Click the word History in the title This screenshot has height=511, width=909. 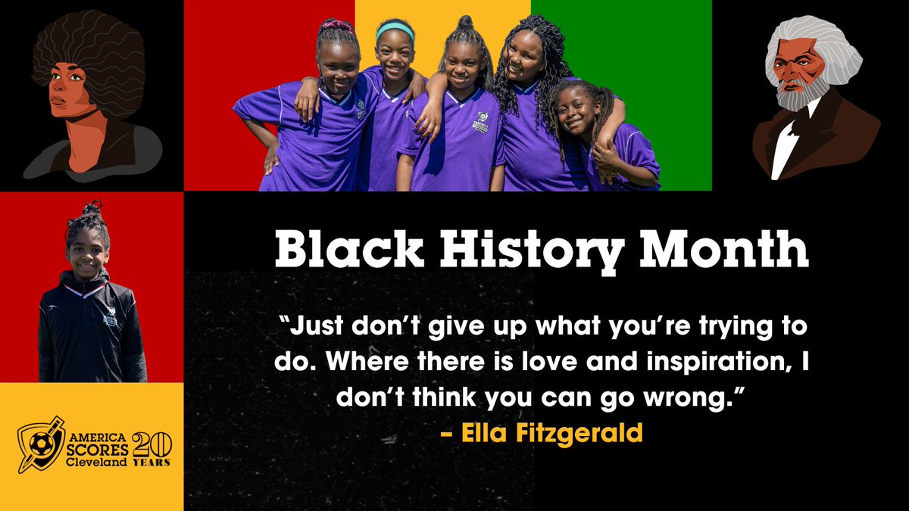click(532, 251)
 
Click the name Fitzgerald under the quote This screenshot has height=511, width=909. click(579, 433)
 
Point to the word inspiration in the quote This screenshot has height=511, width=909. click(718, 363)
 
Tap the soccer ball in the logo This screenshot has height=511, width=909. click(40, 444)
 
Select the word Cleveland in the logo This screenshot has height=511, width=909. click(96, 463)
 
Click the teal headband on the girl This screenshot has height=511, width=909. click(395, 30)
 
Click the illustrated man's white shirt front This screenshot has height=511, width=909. click(786, 146)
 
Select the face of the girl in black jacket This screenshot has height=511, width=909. click(86, 258)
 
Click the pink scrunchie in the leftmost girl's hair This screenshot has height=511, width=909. click(336, 26)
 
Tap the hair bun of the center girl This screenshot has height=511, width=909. click(465, 22)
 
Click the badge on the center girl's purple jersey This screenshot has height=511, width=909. click(482, 121)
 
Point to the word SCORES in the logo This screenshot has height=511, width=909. click(98, 450)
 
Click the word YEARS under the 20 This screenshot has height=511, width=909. click(151, 463)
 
